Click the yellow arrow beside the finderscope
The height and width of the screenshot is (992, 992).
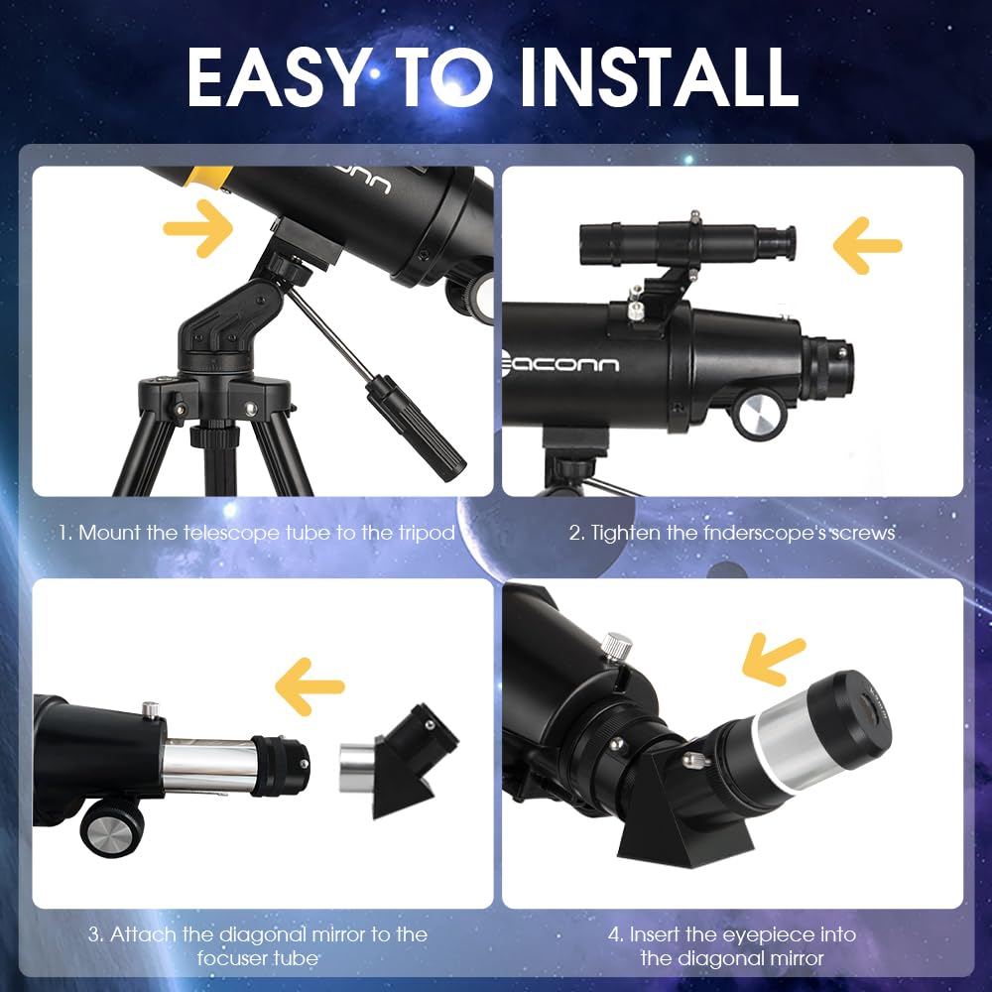(867, 244)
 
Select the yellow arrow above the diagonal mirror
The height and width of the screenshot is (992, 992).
(310, 684)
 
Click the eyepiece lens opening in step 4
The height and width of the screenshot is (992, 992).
(873, 707)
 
